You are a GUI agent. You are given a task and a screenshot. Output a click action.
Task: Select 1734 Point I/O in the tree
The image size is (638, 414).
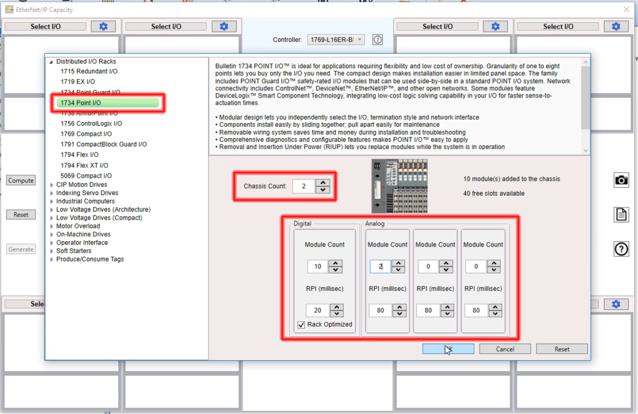click(x=80, y=103)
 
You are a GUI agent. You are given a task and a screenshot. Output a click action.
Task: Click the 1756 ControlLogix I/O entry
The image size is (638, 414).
click(x=91, y=124)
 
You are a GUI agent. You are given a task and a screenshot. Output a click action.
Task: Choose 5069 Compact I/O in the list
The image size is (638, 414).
click(x=85, y=176)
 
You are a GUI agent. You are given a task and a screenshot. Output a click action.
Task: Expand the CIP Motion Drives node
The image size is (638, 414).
click(x=51, y=185)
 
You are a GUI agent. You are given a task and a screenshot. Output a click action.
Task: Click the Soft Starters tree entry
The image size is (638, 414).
click(x=73, y=251)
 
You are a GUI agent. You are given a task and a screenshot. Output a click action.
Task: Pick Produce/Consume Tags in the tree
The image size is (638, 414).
click(x=90, y=259)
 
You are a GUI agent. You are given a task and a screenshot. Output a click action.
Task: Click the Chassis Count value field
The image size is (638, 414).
click(x=303, y=186)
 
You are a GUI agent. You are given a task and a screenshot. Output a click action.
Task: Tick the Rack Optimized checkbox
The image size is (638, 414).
click(x=301, y=324)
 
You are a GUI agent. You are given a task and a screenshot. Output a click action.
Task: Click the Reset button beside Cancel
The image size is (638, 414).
click(x=562, y=349)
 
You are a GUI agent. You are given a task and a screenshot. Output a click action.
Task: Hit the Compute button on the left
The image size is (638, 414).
click(x=21, y=181)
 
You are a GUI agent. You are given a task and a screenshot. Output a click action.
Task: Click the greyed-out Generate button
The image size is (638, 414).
click(x=21, y=249)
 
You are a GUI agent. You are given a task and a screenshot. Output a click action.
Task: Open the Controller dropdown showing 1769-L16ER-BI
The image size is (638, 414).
click(x=335, y=39)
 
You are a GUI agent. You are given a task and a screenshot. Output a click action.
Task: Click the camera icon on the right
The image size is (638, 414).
click(x=621, y=180)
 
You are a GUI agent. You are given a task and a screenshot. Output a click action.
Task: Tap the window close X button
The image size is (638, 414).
click(x=626, y=10)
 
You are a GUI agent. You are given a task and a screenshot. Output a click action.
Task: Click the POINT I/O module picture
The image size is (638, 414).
click(x=399, y=186)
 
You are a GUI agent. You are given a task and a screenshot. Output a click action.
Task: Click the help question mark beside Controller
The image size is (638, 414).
click(x=378, y=39)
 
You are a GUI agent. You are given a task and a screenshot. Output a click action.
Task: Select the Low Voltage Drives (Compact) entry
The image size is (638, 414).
click(x=99, y=218)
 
